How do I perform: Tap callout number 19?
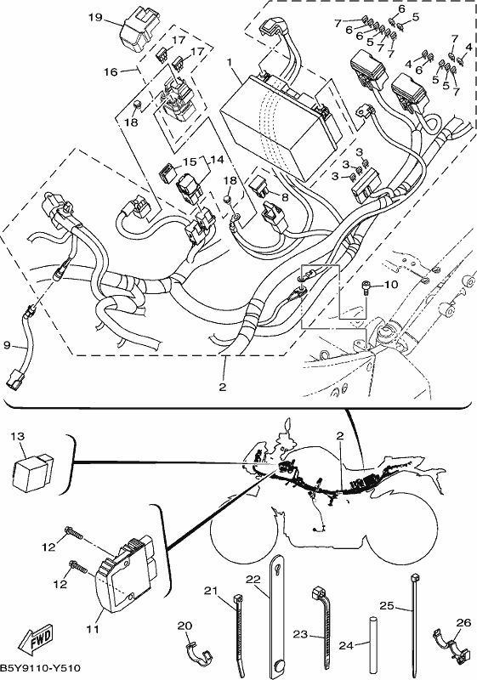[x=95, y=17]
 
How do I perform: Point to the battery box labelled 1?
[x=279, y=127]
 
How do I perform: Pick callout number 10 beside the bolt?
[x=391, y=285]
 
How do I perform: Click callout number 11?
[x=93, y=628]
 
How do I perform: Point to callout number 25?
[x=387, y=605]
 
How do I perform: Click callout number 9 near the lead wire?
[x=7, y=345]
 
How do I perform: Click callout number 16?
[x=111, y=71]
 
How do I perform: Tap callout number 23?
[x=300, y=634]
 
